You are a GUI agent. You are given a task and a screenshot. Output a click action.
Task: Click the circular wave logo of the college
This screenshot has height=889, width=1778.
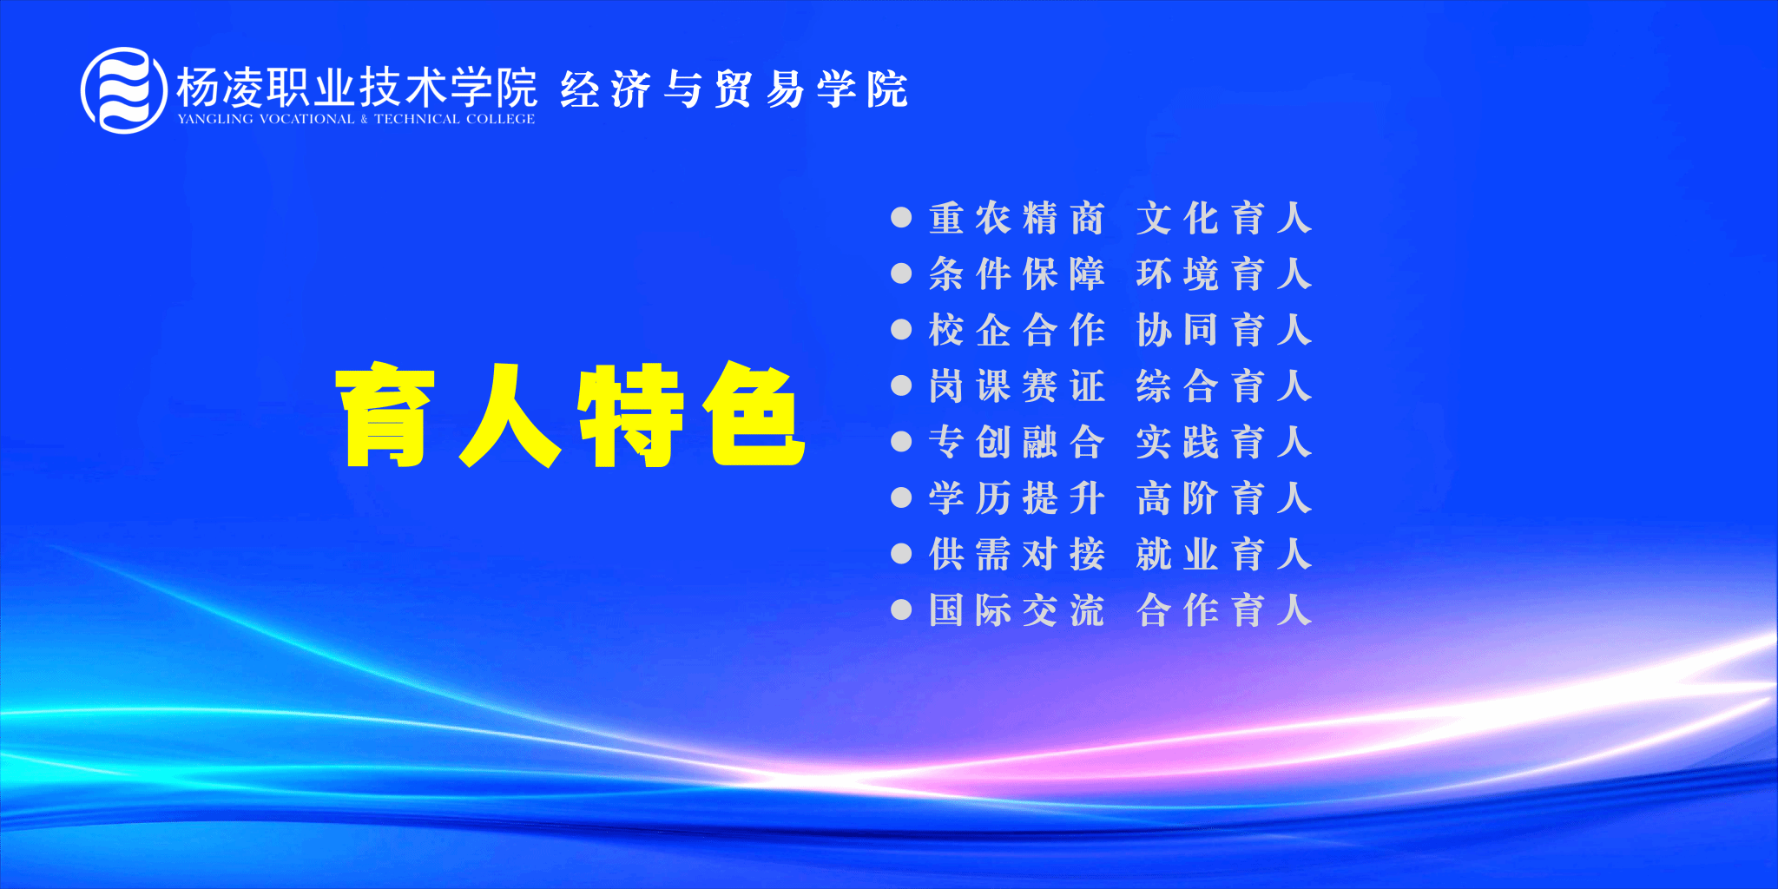(x=123, y=90)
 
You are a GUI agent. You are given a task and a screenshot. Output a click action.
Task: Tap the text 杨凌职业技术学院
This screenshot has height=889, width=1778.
(x=357, y=87)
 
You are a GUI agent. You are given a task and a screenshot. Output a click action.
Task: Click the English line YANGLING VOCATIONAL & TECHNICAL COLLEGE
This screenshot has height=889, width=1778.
(x=356, y=119)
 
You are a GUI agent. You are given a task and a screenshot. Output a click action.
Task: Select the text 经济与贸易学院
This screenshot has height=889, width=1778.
(x=734, y=89)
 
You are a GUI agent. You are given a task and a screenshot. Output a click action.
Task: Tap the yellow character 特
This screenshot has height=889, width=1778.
(x=631, y=414)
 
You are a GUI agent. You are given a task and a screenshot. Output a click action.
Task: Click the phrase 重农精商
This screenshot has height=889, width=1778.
(x=1017, y=219)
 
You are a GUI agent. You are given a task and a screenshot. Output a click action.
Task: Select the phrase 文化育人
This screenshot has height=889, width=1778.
(x=1224, y=219)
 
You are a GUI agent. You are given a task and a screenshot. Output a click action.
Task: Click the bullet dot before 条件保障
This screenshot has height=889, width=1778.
(x=901, y=274)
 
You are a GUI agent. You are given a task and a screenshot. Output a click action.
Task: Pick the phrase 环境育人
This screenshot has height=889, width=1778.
(x=1224, y=274)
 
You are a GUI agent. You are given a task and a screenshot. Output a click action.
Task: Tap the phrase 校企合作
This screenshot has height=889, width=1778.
(x=1017, y=331)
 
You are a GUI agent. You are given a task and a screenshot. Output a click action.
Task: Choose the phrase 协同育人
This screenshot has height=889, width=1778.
(x=1224, y=331)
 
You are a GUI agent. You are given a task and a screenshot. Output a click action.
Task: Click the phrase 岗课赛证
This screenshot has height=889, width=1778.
(x=1017, y=386)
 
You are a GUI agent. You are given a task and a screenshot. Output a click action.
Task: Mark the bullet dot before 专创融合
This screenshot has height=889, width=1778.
(x=901, y=442)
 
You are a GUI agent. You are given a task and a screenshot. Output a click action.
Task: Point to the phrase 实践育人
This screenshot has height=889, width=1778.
(x=1224, y=443)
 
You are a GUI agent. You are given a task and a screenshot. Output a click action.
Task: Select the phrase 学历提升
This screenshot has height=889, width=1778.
(x=1017, y=498)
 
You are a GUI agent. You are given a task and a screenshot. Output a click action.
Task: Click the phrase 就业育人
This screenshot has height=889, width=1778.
(x=1224, y=555)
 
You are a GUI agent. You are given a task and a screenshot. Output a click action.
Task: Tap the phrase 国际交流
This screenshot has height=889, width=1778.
(x=1017, y=610)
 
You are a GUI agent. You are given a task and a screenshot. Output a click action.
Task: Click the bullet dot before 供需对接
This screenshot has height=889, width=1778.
(x=901, y=554)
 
